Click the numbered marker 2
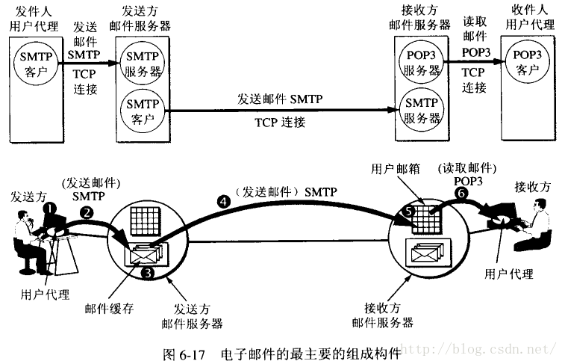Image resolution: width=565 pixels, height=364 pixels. click(x=87, y=212)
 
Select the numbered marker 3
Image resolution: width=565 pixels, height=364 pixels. click(x=148, y=273)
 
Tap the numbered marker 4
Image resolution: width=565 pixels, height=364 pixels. click(x=222, y=200)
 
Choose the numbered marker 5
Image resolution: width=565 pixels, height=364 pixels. click(x=408, y=212)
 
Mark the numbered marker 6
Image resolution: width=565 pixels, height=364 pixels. click(x=461, y=192)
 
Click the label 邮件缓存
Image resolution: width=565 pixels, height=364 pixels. click(x=110, y=307)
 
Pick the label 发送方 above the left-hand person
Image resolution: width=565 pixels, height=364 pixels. click(x=28, y=196)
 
